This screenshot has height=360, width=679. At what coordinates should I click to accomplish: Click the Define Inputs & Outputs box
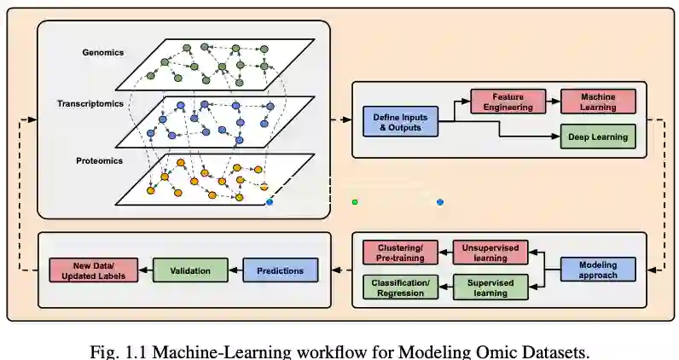coord(398,122)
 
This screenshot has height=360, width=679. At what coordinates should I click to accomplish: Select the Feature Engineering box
coord(508,102)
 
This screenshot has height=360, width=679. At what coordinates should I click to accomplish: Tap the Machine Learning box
coord(598,102)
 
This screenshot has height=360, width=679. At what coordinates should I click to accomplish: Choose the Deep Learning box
coord(598,136)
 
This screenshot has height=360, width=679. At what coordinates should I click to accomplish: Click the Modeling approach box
coord(598,270)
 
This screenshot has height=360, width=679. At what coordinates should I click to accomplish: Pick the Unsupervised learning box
coord(491,253)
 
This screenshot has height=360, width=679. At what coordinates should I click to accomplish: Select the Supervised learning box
coord(491,287)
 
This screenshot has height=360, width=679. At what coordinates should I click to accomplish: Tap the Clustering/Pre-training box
coord(401,253)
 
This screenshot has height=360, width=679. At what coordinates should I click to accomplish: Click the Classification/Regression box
coord(401,287)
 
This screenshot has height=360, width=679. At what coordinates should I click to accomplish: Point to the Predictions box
coord(280,270)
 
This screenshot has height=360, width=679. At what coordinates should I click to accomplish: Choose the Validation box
coord(190,270)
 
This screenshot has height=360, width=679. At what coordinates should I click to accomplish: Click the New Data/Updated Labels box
coord(93,270)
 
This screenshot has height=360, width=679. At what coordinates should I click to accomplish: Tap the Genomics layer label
coord(103,52)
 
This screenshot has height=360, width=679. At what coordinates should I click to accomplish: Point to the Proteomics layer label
coord(101,160)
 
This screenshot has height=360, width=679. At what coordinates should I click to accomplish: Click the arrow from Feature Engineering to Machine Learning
coord(552,102)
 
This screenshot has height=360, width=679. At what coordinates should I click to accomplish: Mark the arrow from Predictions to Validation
coord(236,270)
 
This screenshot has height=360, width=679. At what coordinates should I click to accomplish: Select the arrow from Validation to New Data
coord(145,270)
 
